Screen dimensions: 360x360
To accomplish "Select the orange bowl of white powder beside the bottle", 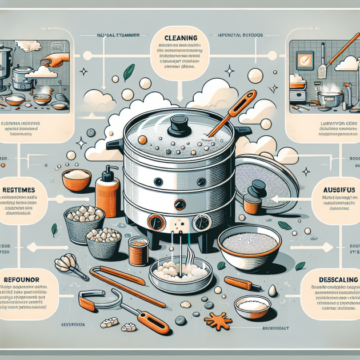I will pos(77,180).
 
